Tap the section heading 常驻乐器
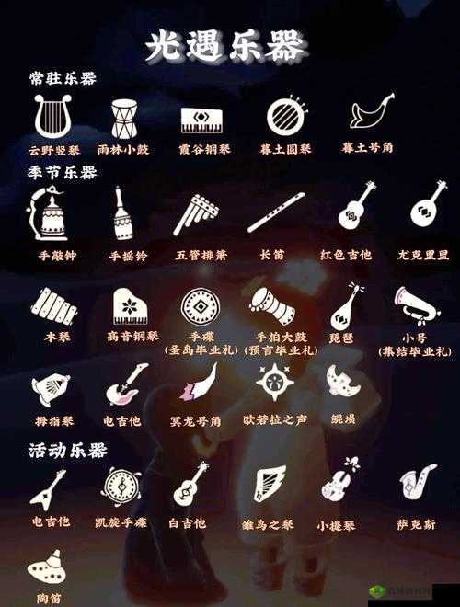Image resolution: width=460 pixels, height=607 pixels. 63,79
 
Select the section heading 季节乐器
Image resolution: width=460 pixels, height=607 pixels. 63,172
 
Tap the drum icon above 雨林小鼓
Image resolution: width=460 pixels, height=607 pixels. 123,118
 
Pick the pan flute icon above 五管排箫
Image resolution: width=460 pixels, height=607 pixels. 196,214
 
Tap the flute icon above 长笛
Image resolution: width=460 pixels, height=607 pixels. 274,212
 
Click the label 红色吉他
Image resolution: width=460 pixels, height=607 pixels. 346,254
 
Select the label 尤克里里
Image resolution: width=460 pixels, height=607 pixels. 424,254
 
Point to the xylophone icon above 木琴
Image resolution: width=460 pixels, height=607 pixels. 53,305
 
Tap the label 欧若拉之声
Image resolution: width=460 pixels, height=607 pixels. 275,420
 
